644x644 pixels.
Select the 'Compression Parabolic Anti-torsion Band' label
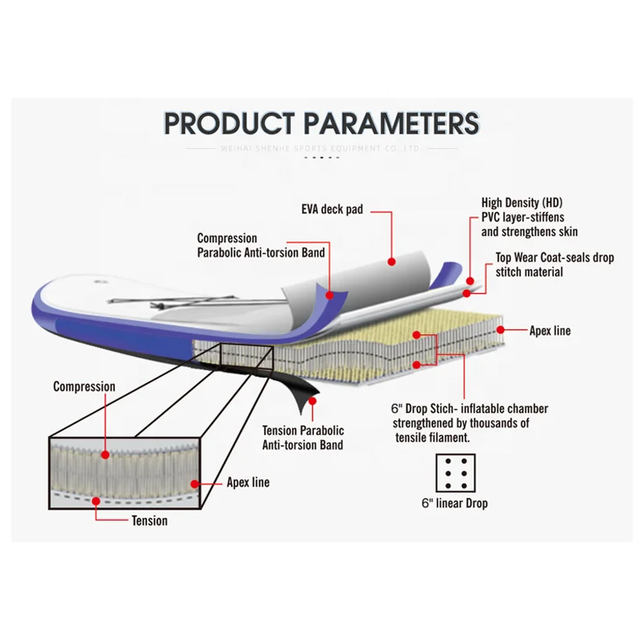[261, 246]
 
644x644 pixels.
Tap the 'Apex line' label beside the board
[550, 331]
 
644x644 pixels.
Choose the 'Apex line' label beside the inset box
[247, 483]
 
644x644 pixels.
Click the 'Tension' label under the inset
[150, 521]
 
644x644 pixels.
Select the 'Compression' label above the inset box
[84, 387]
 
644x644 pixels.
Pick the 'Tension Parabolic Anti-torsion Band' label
[303, 438]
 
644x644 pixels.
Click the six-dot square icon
[454, 474]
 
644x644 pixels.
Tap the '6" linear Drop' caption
[454, 504]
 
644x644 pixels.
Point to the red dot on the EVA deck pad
[391, 261]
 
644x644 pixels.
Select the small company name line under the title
[322, 149]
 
